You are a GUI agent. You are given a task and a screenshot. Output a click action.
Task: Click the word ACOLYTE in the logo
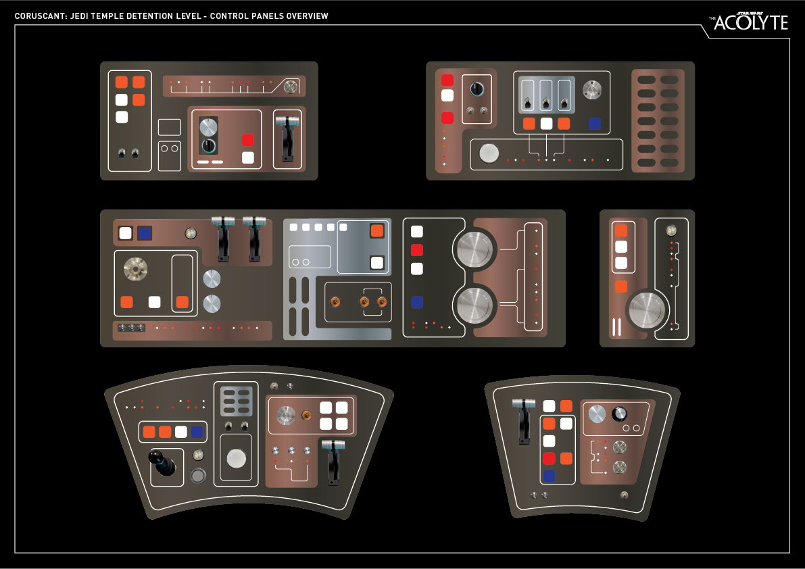pos(751,23)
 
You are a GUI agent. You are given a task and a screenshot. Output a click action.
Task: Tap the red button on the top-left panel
pos(248,141)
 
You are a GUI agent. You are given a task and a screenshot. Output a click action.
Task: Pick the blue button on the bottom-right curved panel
pos(549,476)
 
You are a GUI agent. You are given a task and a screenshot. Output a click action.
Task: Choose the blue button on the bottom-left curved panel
pos(197,432)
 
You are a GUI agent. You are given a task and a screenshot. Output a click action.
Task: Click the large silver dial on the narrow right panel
pos(647,310)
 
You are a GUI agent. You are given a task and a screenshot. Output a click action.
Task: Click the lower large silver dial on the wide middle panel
pos(474,305)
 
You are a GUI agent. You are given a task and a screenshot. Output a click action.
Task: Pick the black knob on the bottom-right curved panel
pos(618,414)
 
